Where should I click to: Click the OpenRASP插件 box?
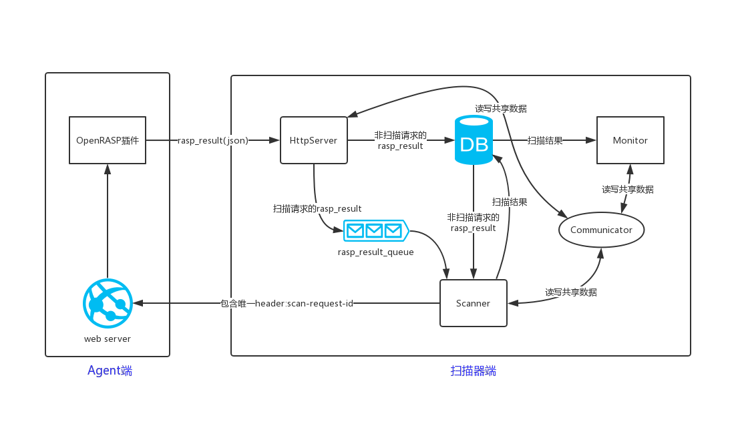click(x=108, y=140)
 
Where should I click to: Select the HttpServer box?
click(x=313, y=140)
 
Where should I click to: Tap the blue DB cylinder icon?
click(x=474, y=140)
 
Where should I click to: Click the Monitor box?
click(x=630, y=140)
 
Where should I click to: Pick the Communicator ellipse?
click(x=601, y=230)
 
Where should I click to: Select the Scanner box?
click(x=473, y=303)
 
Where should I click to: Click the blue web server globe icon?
click(x=108, y=303)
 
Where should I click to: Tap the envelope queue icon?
click(x=375, y=230)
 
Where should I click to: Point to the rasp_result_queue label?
click(x=375, y=252)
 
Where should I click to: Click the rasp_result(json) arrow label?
click(x=212, y=140)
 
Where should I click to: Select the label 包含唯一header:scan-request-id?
click(x=287, y=303)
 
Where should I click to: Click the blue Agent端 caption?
click(x=110, y=371)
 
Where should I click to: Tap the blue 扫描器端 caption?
click(x=473, y=371)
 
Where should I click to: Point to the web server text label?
click(x=108, y=339)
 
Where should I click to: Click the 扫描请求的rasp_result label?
click(x=317, y=209)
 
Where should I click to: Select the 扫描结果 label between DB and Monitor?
click(x=545, y=140)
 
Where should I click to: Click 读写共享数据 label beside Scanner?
click(x=570, y=292)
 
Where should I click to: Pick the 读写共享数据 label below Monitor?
click(x=627, y=190)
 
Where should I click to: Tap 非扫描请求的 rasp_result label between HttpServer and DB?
click(x=400, y=140)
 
